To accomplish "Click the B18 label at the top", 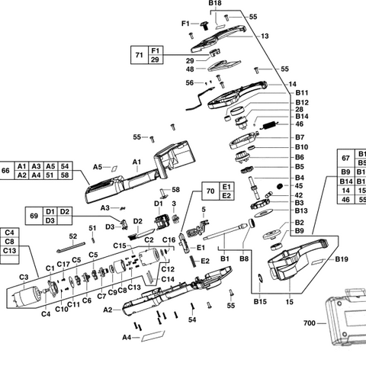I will point(215,4).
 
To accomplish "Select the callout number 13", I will point(265,36).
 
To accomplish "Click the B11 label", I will point(281,92).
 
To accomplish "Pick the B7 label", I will point(278,137).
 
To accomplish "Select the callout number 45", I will point(278,186).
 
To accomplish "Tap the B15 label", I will point(262,303).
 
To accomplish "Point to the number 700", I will point(309,323).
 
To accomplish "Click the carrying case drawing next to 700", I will point(344,328).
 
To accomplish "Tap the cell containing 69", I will point(31,216).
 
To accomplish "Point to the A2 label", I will point(108,310).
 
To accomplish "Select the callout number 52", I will point(73,236).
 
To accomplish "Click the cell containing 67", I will point(345,158).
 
